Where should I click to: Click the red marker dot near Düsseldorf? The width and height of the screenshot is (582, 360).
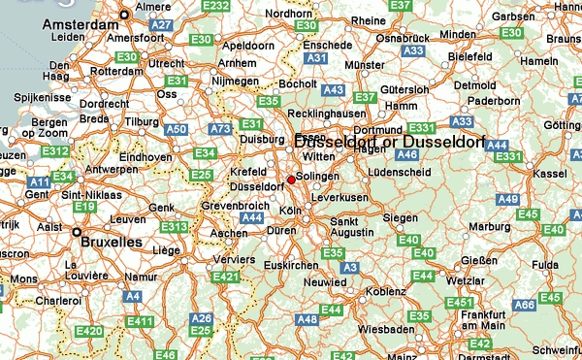point(291,180)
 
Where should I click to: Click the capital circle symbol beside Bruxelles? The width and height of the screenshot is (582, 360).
point(77,233)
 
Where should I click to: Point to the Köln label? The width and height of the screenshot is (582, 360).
point(290,211)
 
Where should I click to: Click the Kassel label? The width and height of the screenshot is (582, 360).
point(550,173)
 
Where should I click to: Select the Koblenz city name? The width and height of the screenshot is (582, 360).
point(387,290)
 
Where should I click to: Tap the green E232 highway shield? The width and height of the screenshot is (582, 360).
point(217,8)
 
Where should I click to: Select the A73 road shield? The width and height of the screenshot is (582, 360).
point(221,128)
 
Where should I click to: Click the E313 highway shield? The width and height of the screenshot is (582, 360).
point(176,227)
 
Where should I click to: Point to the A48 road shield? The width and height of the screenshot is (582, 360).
point(307,319)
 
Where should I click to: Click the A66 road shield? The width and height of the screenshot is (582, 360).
point(525,305)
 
